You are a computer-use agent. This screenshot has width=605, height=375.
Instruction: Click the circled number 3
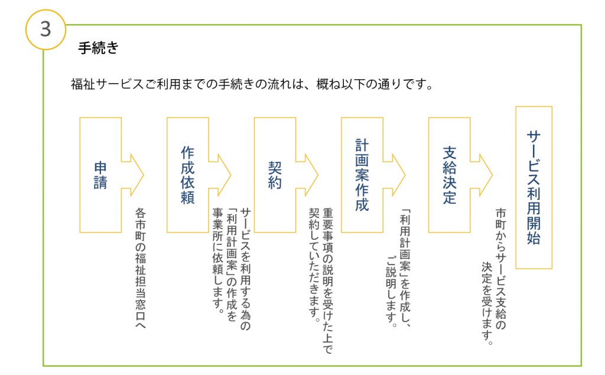point(46,30)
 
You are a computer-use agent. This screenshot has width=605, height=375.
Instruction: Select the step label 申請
point(100,175)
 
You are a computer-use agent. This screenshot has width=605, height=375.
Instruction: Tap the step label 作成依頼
point(188,175)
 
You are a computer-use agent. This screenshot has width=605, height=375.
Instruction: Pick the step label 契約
point(275,175)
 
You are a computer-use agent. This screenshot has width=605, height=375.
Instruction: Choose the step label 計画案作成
point(362,175)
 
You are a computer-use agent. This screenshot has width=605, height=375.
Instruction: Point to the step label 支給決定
point(449,175)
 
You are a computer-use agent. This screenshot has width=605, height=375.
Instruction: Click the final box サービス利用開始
point(534,187)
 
